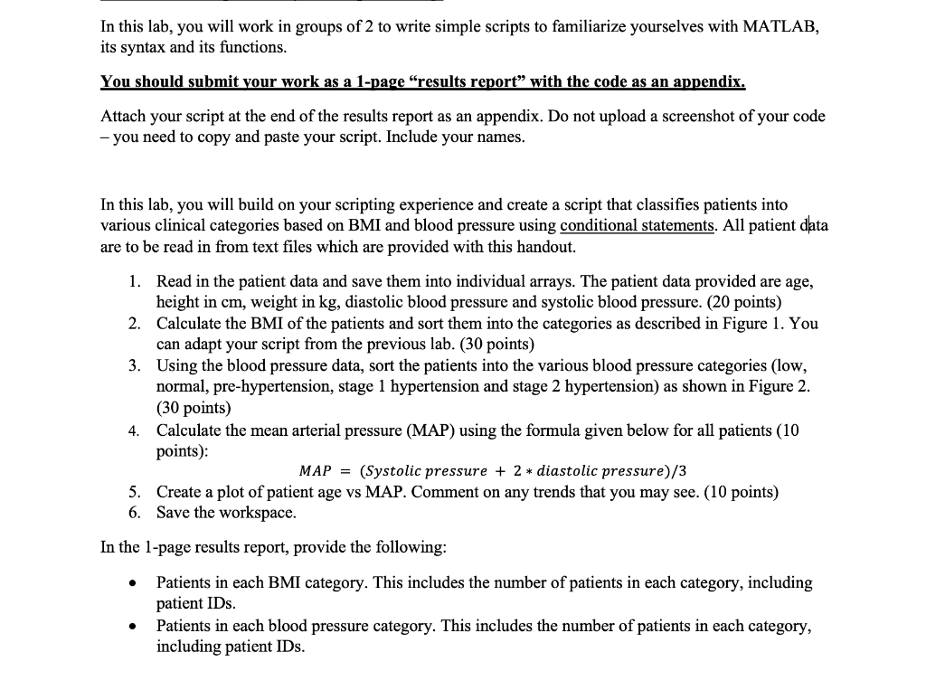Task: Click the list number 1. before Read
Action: coord(134,282)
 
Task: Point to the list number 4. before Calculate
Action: coord(134,430)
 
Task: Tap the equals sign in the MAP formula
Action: coord(345,471)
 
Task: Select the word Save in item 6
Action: coord(175,513)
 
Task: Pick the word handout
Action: coord(545,246)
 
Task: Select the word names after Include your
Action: coord(500,138)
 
